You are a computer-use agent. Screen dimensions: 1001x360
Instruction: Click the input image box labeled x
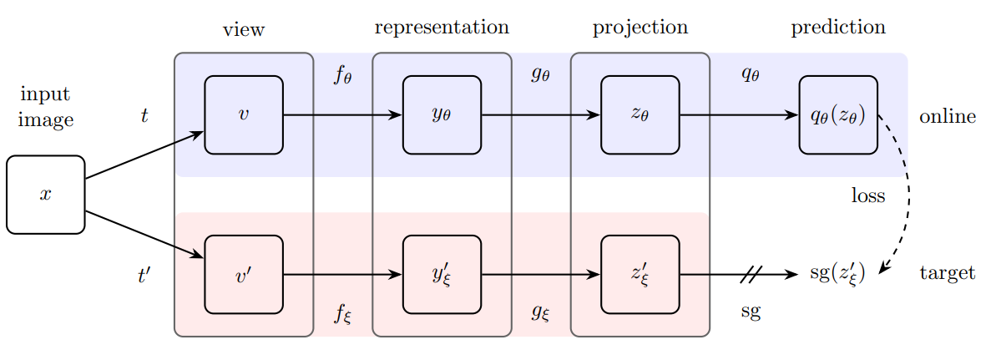pos(45,195)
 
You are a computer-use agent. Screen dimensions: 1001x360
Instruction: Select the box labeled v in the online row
pos(244,115)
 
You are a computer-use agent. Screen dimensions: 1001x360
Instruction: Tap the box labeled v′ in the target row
pos(244,275)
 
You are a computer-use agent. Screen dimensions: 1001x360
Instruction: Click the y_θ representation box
pos(442,115)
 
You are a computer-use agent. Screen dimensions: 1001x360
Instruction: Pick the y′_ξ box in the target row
pos(442,275)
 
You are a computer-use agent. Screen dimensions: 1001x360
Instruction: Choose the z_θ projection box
pos(640,115)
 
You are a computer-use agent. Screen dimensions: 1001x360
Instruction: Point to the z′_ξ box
pos(640,275)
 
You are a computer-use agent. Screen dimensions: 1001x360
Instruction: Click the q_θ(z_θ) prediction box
pos(838,115)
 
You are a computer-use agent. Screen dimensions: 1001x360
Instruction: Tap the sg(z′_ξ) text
pos(837,275)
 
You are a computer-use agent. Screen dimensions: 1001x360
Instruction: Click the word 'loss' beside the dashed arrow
pos(868,195)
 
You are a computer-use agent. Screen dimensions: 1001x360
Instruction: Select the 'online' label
pos(948,117)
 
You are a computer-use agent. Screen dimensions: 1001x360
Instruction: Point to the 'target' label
pos(948,274)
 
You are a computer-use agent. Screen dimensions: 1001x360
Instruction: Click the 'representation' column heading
pos(442,28)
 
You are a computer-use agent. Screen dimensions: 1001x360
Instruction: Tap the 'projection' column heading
pos(640,28)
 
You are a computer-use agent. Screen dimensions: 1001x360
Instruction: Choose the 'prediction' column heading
pos(838,28)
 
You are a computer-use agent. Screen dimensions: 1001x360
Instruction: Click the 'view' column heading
pos(244,29)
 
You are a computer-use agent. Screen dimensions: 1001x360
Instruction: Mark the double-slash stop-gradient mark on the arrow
pos(751,275)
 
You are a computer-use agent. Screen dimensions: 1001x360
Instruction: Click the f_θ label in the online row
pos(343,75)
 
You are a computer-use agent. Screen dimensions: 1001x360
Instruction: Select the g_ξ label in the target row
pos(541,313)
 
